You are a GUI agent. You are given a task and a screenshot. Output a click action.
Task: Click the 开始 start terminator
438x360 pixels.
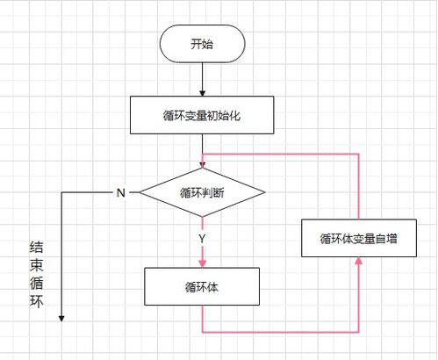pyautogui.click(x=202, y=44)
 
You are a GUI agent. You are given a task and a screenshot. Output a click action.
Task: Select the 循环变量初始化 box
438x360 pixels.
pyautogui.click(x=202, y=113)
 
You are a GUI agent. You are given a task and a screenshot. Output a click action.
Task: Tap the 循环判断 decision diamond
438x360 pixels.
pyautogui.click(x=202, y=192)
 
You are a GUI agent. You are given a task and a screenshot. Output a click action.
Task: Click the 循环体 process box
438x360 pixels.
pyautogui.click(x=202, y=287)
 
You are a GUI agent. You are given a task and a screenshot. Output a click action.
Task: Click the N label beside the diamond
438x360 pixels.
pyautogui.click(x=119, y=192)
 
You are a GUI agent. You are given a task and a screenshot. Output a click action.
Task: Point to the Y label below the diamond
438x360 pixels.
pyautogui.click(x=203, y=237)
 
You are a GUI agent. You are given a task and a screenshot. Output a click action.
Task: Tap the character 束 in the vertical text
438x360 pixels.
pyautogui.click(x=35, y=264)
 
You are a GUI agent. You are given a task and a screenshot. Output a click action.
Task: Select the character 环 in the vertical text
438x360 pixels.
pyautogui.click(x=35, y=304)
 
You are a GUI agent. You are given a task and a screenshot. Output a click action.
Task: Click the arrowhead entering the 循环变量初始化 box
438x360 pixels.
pyautogui.click(x=202, y=92)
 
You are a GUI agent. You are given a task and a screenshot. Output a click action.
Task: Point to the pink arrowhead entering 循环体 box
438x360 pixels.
pyautogui.click(x=202, y=263)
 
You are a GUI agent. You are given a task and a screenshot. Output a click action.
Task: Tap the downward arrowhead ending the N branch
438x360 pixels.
pyautogui.click(x=62, y=317)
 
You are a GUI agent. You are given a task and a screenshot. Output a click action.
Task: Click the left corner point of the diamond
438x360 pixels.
pyautogui.click(x=140, y=192)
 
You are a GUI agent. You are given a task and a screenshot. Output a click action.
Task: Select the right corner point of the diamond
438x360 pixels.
pyautogui.click(x=264, y=192)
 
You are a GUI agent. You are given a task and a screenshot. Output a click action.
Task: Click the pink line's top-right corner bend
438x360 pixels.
pyautogui.click(x=360, y=154)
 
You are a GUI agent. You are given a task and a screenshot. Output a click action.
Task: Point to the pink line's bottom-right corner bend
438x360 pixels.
pyautogui.click(x=360, y=332)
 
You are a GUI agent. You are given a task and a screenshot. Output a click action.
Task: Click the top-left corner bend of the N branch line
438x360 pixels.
pyautogui.click(x=62, y=192)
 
